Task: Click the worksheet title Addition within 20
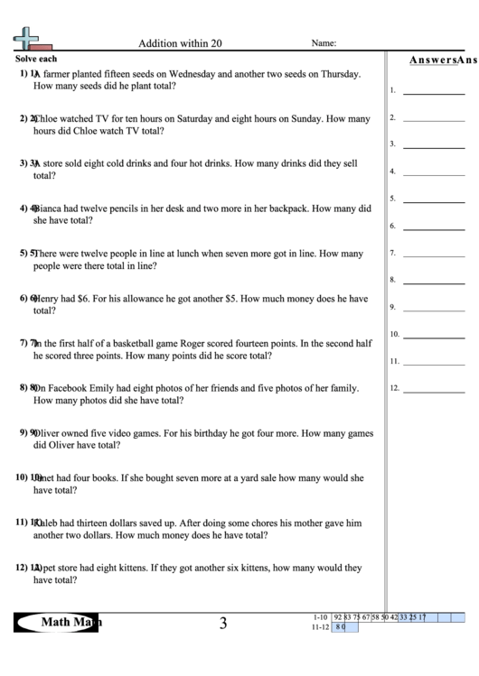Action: (x=178, y=42)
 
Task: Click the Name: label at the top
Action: (x=324, y=42)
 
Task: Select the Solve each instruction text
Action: (x=36, y=58)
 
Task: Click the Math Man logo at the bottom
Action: (x=60, y=622)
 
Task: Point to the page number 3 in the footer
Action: (x=223, y=623)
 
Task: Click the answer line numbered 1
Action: (x=433, y=92)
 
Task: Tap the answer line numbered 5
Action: (x=433, y=200)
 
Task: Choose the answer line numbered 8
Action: (x=433, y=282)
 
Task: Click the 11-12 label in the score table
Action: (x=319, y=626)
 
